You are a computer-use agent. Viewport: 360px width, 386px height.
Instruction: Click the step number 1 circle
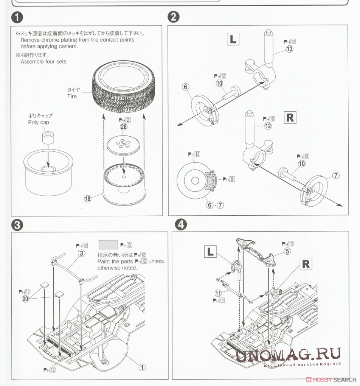coord(17,17)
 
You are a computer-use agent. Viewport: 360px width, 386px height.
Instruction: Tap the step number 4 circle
coord(181,224)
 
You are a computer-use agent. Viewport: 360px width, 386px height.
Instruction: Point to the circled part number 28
coord(124,127)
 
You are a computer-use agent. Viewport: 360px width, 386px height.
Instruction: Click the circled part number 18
coord(88,199)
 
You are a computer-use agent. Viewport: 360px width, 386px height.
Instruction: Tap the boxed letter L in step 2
coord(233,39)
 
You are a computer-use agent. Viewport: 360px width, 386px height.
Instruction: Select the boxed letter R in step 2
coord(290,117)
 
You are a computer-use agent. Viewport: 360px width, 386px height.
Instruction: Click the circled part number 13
coord(290,49)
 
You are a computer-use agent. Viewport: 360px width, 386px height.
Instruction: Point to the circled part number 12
coord(268,126)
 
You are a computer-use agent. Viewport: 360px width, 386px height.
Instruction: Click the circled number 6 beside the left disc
coord(186,87)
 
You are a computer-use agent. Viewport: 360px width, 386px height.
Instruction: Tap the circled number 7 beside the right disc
coord(336,176)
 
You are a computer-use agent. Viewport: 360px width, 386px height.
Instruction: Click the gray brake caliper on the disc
coord(210,181)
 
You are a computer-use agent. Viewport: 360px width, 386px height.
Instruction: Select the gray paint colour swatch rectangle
coord(108,245)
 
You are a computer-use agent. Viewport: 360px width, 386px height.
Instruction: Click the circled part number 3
coord(81,253)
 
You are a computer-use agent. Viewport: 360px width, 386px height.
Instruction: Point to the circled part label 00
coord(25,299)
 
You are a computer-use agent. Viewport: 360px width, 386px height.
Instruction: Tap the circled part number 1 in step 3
coord(142,367)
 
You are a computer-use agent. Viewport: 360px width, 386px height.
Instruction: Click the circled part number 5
coord(287,251)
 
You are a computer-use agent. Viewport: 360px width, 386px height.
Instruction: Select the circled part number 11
coord(218,293)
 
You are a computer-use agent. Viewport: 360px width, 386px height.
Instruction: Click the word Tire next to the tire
coord(72,96)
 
